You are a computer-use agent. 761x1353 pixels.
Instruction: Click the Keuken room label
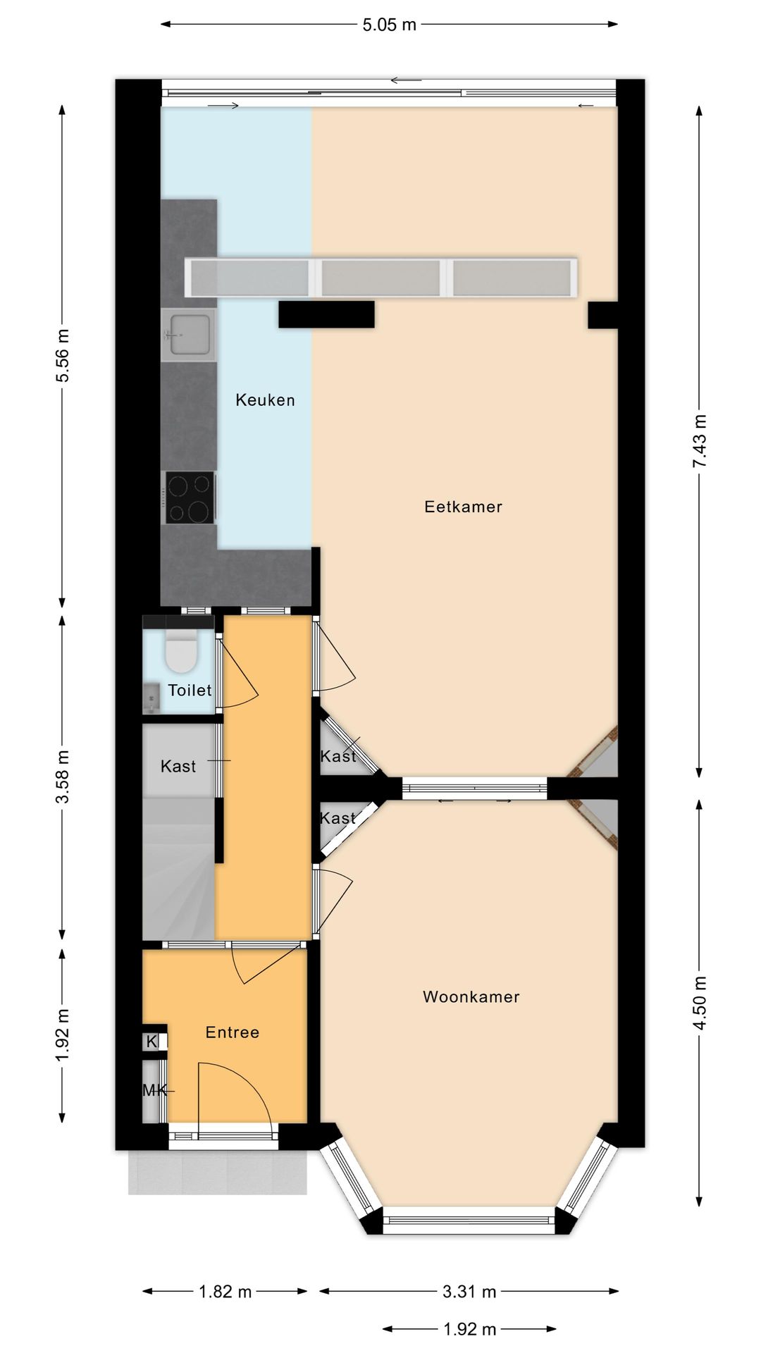tap(265, 400)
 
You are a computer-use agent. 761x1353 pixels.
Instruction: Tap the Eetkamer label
tap(463, 507)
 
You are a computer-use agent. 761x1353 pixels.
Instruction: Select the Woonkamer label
tap(471, 997)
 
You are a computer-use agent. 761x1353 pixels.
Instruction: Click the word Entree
tap(233, 1032)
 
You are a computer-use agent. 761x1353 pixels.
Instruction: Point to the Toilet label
tap(190, 691)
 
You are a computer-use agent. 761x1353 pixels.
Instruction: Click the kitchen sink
tap(188, 335)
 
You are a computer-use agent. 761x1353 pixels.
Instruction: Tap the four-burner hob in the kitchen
tap(190, 498)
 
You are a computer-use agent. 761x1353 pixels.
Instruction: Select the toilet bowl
tap(181, 652)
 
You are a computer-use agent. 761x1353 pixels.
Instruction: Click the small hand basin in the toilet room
tap(151, 698)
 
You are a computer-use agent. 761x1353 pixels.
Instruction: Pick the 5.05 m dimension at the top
tap(390, 25)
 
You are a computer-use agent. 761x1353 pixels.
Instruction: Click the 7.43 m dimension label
tap(699, 441)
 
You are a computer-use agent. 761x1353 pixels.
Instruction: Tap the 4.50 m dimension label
tap(699, 1003)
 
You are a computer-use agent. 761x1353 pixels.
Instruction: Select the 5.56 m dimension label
tap(63, 356)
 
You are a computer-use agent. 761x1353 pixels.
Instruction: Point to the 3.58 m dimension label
tap(63, 777)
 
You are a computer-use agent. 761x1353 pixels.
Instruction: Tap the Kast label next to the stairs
tap(178, 767)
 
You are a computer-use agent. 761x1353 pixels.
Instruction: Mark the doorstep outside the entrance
tap(218, 1173)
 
